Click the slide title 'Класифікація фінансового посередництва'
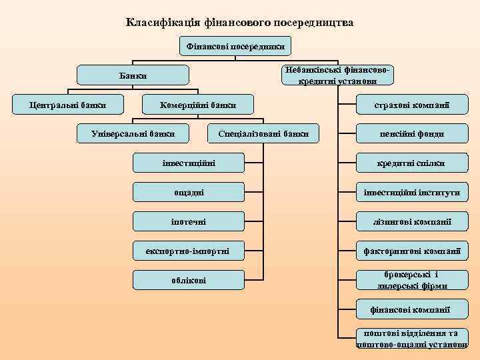tap(240, 23)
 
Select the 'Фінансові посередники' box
tap(235, 47)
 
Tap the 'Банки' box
tap(133, 76)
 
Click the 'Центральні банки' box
tap(67, 105)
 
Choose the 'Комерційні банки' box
tap(197, 105)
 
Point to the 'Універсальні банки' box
tap(133, 133)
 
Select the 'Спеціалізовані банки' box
tap(263, 133)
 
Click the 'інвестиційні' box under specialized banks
tap(189, 163)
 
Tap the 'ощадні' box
tap(189, 192)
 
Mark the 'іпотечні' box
tap(189, 221)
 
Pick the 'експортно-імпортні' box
tap(189, 251)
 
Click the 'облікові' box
tap(189, 280)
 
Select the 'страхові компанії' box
tap(411, 105)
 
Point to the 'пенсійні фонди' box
tap(411, 134)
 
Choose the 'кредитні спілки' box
tap(411, 163)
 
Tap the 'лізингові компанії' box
tap(411, 221)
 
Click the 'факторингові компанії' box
tap(411, 251)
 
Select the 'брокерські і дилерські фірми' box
tap(411, 280)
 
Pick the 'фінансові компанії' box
tap(411, 310)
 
